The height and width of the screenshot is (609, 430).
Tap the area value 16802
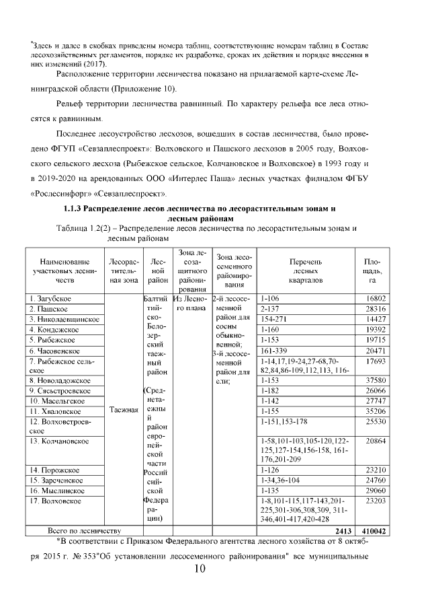coord(373,297)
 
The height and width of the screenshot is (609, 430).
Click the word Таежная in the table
coord(122,409)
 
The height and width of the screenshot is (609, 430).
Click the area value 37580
coord(373,380)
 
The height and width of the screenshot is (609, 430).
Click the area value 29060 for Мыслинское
coord(373,491)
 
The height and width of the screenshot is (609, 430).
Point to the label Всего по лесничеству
coord(79,531)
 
